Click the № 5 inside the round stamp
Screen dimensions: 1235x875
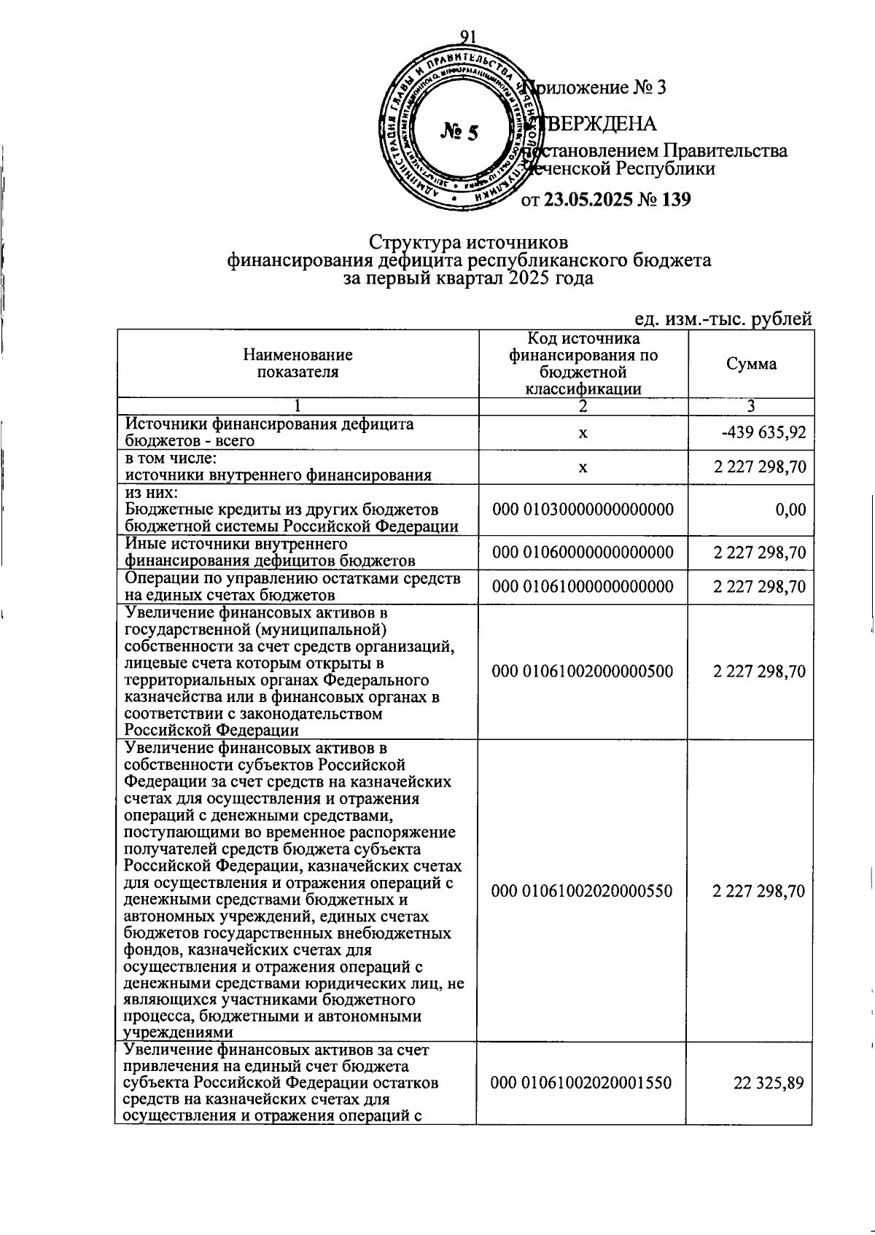tap(460, 132)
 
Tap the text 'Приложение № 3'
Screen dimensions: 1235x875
tap(596, 87)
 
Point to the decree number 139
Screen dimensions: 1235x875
tap(675, 199)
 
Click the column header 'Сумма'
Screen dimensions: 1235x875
tap(751, 364)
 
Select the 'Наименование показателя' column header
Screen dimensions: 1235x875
tap(297, 363)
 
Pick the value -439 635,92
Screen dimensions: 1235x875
tap(763, 432)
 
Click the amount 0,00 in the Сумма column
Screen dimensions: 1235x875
tap(790, 510)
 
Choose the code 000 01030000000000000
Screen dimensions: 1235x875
tap(583, 510)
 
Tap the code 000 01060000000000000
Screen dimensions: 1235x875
tap(583, 553)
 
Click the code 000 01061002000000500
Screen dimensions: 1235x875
tap(583, 671)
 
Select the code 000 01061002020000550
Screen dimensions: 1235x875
tap(582, 891)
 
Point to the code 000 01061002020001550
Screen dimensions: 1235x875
tap(582, 1083)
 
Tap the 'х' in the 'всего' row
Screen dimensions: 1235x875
tap(583, 433)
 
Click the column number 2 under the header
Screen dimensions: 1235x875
tap(583, 407)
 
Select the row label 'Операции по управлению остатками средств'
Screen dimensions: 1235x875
tap(292, 579)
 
